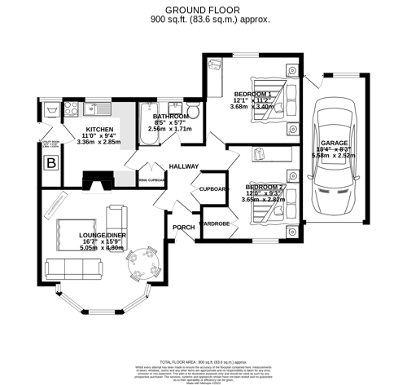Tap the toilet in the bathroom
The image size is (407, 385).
click(193, 112)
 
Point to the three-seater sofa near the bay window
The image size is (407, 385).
click(73, 268)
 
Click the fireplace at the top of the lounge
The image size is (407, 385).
click(103, 179)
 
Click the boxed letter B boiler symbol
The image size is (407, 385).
click(52, 163)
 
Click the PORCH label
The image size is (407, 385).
click(182, 227)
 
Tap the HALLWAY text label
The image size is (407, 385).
click(184, 166)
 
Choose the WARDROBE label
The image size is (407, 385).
click(214, 223)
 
